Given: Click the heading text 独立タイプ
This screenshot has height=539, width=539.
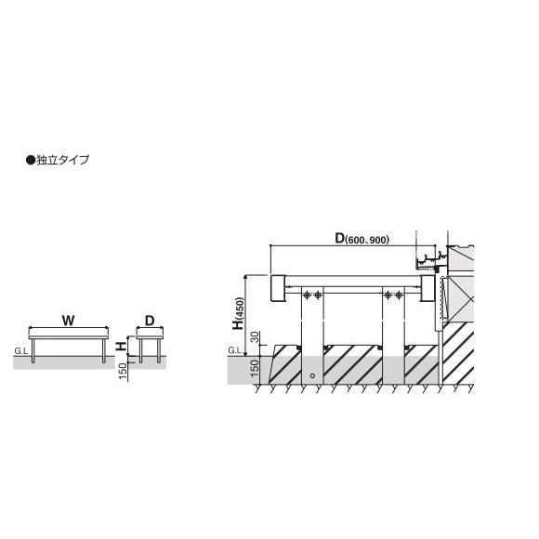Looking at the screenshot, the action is pyautogui.click(x=63, y=160).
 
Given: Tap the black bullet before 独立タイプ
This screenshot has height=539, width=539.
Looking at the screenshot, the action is pyautogui.click(x=31, y=160).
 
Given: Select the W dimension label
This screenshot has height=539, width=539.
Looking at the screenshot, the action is pyautogui.click(x=68, y=321).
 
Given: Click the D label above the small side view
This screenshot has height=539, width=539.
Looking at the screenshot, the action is pyautogui.click(x=150, y=321).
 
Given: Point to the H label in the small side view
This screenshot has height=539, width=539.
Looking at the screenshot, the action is pyautogui.click(x=121, y=346).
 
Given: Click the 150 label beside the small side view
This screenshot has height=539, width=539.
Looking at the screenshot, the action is pyautogui.click(x=123, y=371).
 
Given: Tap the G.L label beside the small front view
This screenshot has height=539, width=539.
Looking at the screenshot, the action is pyautogui.click(x=21, y=351).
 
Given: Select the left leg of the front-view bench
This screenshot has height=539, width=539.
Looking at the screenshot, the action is pyautogui.click(x=33, y=351).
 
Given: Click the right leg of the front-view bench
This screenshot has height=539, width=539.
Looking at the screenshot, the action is pyautogui.click(x=103, y=351).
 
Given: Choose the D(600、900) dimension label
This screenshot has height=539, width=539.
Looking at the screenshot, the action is pyautogui.click(x=362, y=239).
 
